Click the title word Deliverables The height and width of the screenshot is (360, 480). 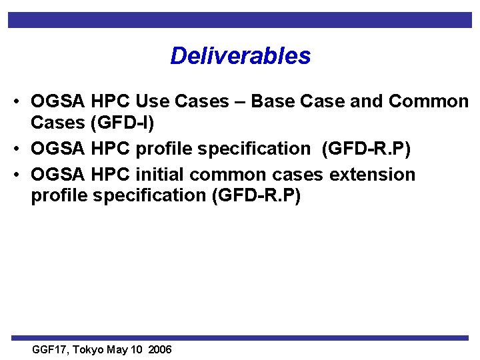pos(240,56)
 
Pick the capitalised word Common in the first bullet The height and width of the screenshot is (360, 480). pos(429,102)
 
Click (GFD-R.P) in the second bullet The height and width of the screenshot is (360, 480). pos(366,149)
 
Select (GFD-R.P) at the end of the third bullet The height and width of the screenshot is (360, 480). pos(255,196)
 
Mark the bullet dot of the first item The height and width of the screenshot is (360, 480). pos(15,103)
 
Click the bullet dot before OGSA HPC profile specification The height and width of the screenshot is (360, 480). pos(15,149)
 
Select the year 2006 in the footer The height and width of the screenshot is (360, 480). pos(161,350)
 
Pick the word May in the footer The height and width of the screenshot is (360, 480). pos(116,350)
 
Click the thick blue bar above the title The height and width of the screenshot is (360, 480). pos(240,20)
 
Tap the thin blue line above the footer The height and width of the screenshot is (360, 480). pos(240,338)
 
